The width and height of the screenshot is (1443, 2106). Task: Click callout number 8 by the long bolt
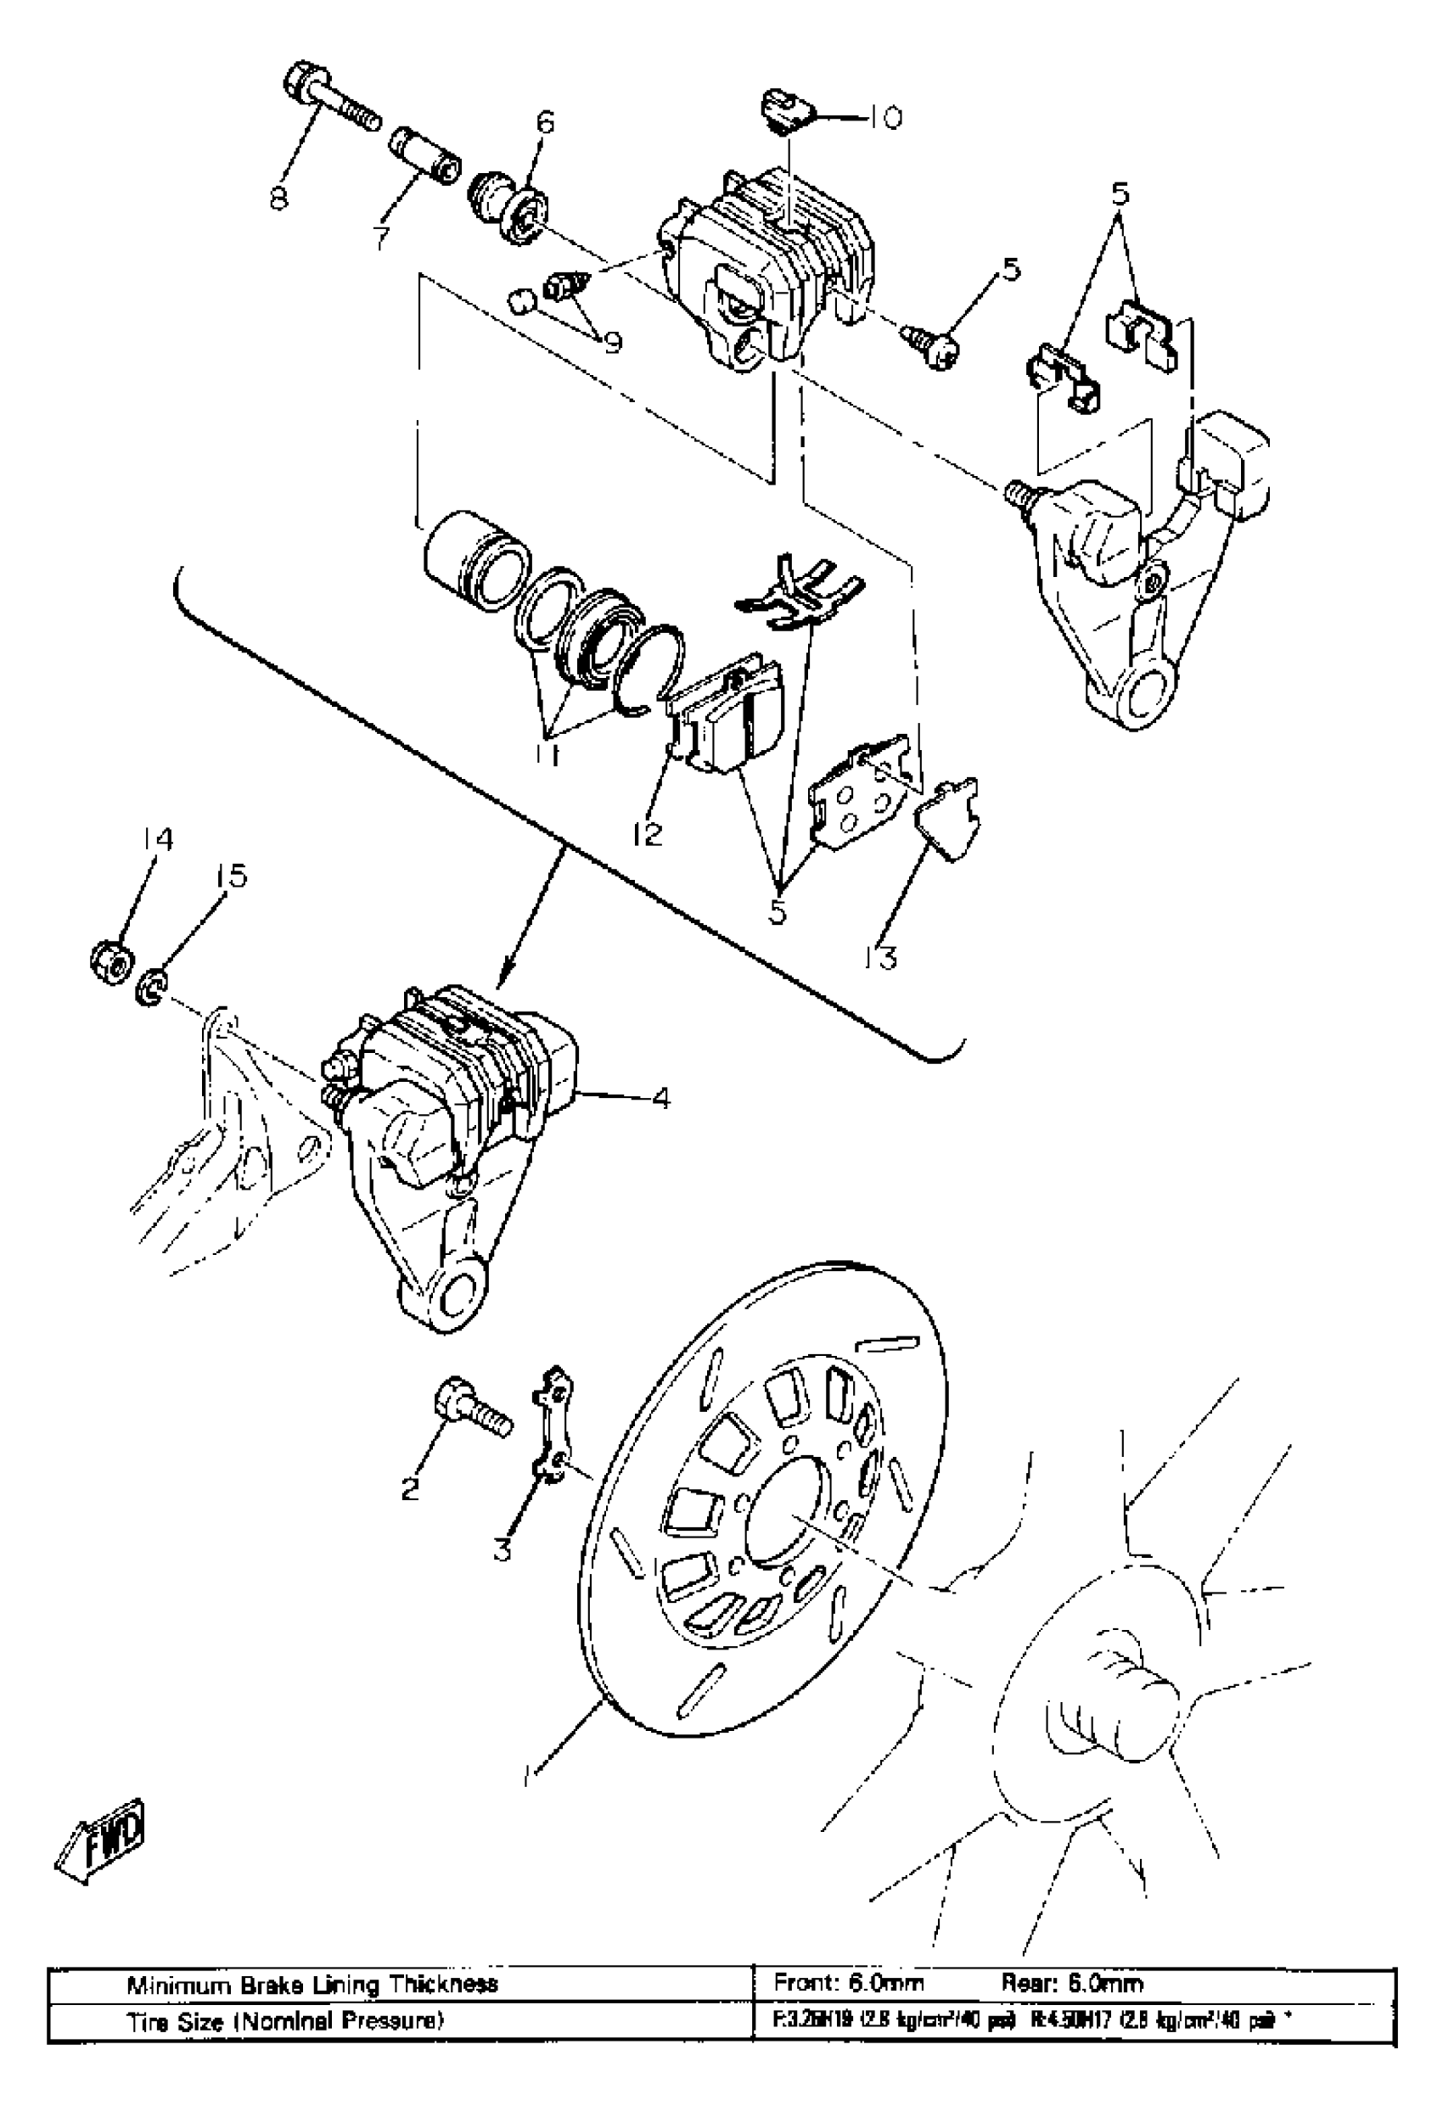point(279,197)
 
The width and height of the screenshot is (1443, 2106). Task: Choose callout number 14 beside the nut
point(156,841)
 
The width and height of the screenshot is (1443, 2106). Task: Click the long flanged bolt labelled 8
point(331,104)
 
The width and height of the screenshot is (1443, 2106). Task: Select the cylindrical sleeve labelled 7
point(425,155)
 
